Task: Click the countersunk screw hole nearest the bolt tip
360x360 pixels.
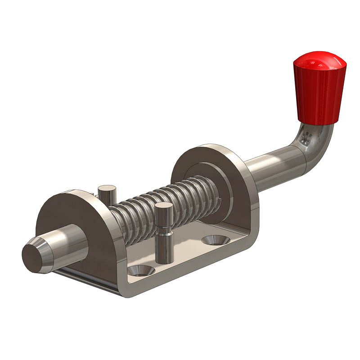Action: point(141,270)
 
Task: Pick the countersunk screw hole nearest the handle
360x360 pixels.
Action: point(215,240)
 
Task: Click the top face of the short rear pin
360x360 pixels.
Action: point(107,188)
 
